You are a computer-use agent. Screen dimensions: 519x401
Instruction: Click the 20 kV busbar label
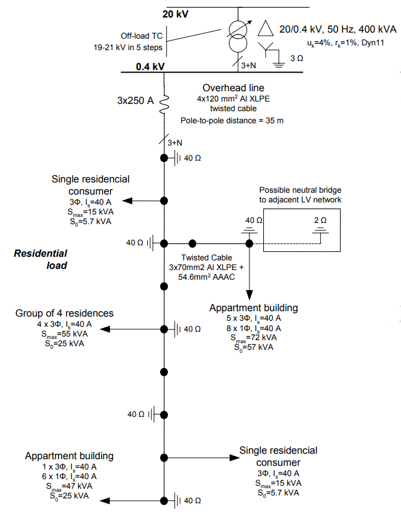[x=176, y=14]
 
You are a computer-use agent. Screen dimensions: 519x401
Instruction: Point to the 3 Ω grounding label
[x=297, y=59]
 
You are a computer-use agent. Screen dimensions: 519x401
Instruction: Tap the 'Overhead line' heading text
[x=233, y=88]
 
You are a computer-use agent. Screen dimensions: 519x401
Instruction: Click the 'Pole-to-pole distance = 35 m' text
[x=232, y=120]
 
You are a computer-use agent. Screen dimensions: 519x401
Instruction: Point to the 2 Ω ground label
[x=320, y=221]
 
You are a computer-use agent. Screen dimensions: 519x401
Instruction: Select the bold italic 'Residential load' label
[x=40, y=259]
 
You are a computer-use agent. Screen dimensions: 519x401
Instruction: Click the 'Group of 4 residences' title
[x=65, y=313]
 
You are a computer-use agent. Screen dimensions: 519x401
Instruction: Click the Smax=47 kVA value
[x=69, y=486]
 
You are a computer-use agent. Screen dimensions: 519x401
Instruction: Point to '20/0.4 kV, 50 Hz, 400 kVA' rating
[x=338, y=29]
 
